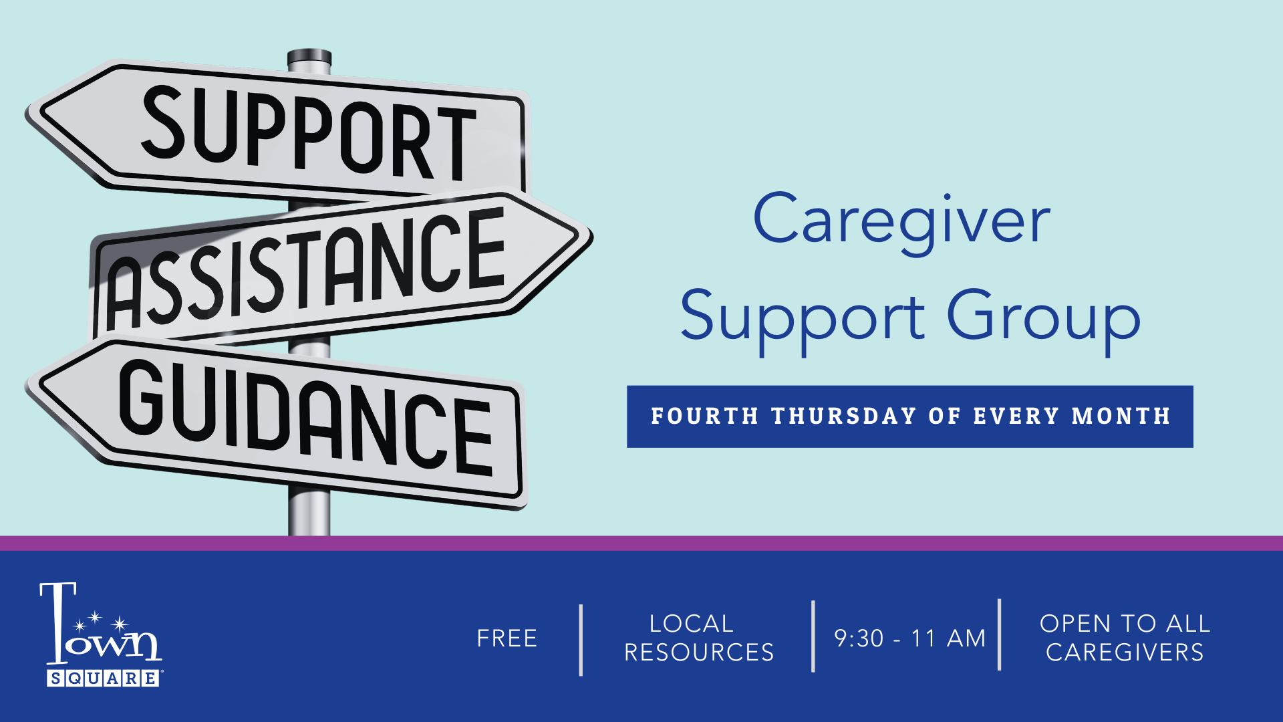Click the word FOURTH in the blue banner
(x=705, y=416)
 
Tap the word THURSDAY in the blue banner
(x=843, y=416)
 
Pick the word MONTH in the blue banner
(x=1121, y=416)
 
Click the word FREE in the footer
(x=507, y=638)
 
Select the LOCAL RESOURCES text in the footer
(x=699, y=638)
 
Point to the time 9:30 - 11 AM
(x=909, y=638)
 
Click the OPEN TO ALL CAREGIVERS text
(x=1125, y=638)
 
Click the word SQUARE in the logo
(x=103, y=679)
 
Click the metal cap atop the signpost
(x=309, y=59)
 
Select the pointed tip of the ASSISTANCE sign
(x=591, y=237)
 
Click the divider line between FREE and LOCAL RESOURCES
(x=581, y=640)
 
